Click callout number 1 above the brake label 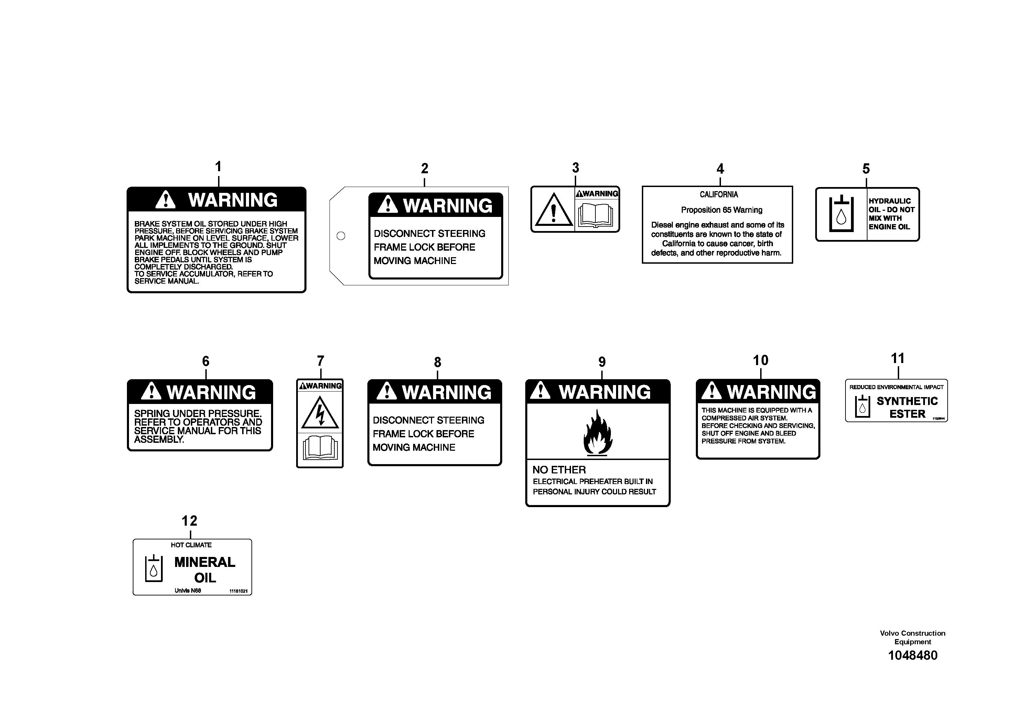coord(218,167)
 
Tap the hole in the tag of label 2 coord(341,236)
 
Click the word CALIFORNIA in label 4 coord(719,195)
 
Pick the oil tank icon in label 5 coord(841,214)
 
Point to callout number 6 coord(206,361)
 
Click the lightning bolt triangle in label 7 coord(320,413)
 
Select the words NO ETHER coord(559,470)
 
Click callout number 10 coord(761,360)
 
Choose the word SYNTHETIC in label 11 coord(907,401)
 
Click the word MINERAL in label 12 coord(205,562)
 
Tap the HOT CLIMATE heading coord(191,545)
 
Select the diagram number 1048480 coord(913,655)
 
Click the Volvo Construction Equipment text coord(913,637)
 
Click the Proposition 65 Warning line coord(721,210)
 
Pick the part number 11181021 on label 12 coord(238,591)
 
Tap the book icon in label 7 coord(320,448)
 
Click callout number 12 coord(190,521)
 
